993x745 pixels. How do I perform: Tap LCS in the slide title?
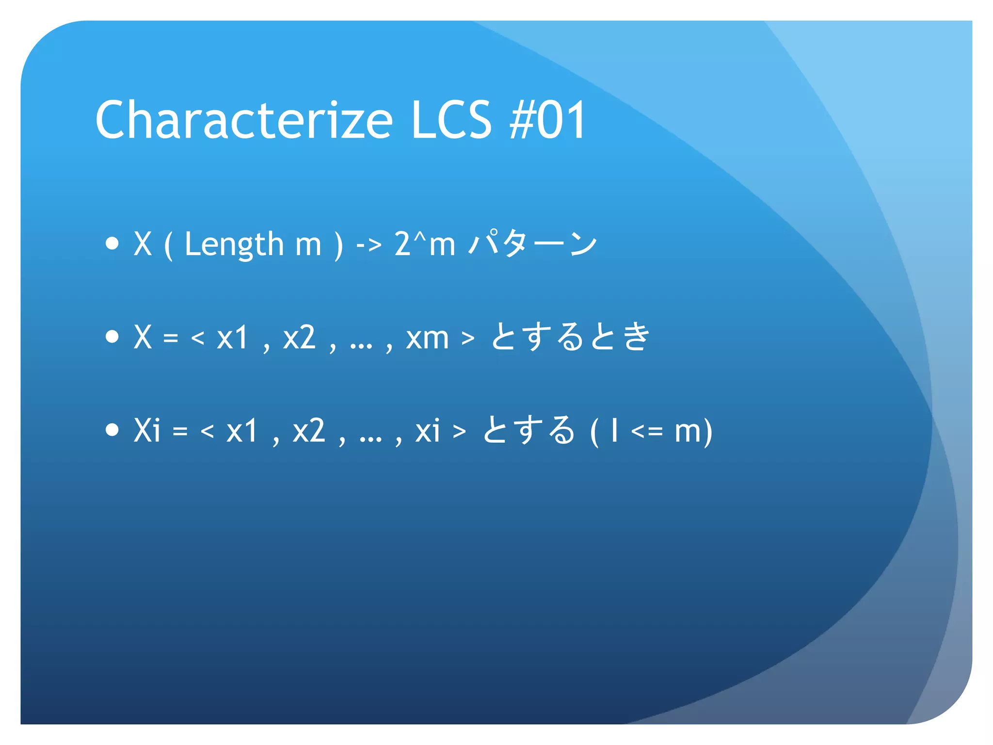[451, 120]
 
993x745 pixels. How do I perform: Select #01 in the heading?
[547, 120]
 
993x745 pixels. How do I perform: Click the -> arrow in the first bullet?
[368, 244]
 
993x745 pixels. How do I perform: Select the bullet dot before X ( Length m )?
[112, 243]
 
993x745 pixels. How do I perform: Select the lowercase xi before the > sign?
[428, 430]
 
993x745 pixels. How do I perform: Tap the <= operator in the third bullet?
[647, 431]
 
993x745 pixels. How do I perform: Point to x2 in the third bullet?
[308, 430]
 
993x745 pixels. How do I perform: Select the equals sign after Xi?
[180, 431]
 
